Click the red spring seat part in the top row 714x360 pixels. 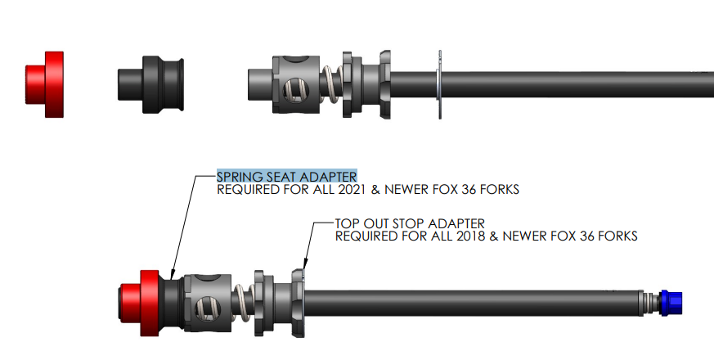click(46, 84)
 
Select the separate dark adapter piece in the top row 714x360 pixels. click(151, 84)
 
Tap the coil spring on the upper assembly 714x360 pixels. click(330, 83)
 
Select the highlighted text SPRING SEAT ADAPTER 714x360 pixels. click(286, 176)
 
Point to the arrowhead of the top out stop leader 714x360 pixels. click(305, 264)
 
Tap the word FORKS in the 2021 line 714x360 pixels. click(500, 190)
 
